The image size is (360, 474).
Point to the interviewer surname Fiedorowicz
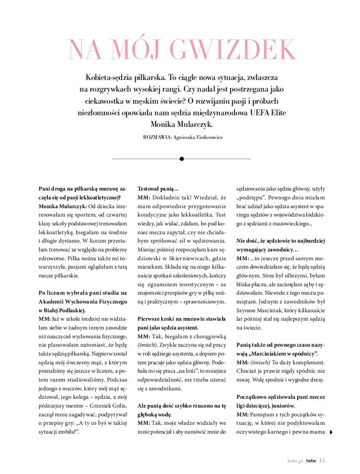[x=204, y=138]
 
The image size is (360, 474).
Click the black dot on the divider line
[x=182, y=159]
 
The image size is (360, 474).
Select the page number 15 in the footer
[x=322, y=460]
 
